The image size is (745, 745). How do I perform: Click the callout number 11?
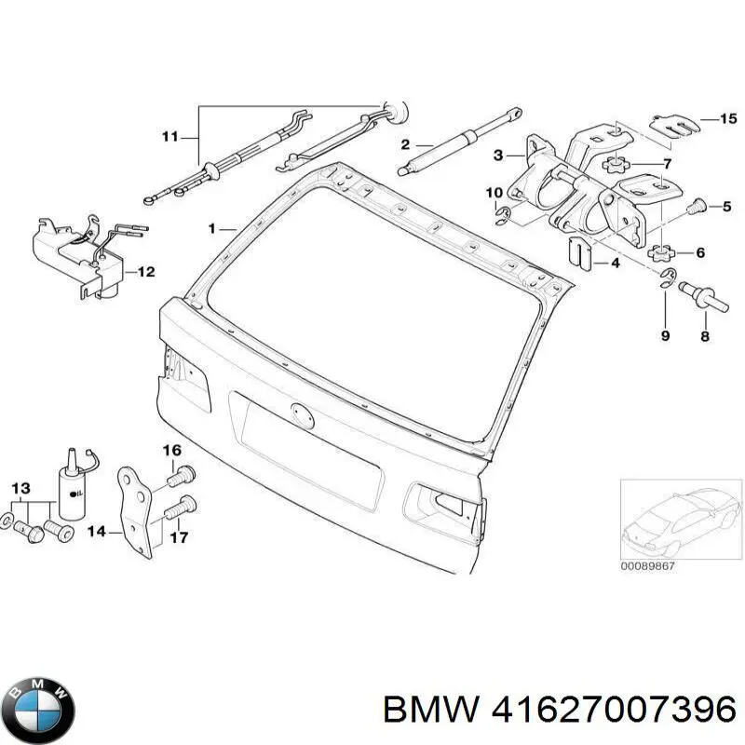[169, 137]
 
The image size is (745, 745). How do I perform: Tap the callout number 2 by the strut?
[405, 143]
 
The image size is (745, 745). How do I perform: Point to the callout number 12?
[147, 272]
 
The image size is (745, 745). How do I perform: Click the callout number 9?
[665, 335]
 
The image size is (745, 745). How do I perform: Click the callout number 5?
[729, 206]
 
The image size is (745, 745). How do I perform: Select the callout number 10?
[494, 193]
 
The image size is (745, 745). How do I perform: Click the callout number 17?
[181, 536]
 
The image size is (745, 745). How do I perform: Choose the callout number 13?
[20, 487]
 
